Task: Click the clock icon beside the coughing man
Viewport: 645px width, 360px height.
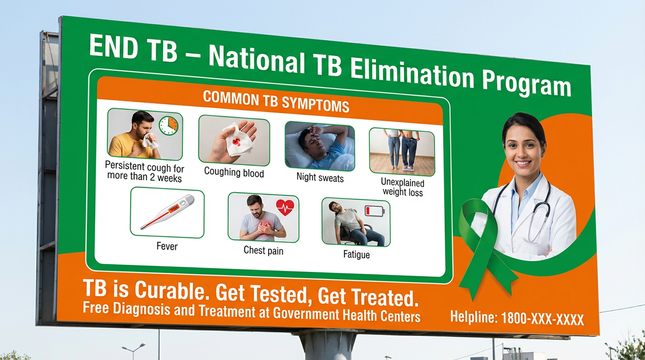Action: pos(168,126)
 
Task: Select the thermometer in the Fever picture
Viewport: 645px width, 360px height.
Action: pos(167,211)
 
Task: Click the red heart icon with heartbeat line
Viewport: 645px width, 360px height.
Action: pos(285,207)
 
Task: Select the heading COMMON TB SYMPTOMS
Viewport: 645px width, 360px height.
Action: pos(276,102)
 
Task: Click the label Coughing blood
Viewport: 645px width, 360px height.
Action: pos(234,172)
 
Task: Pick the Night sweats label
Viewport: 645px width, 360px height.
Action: pos(320,178)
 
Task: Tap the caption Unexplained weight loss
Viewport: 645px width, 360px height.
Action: pos(403,187)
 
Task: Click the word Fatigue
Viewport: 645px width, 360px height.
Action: pos(356,255)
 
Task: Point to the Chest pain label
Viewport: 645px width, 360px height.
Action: pos(263,250)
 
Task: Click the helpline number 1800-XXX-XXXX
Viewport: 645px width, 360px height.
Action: pos(542,319)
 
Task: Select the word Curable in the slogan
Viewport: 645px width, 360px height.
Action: pos(170,291)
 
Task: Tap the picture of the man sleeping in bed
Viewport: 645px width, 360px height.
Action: pos(319,146)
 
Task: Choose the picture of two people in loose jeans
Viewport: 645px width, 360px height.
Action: pos(402,151)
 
